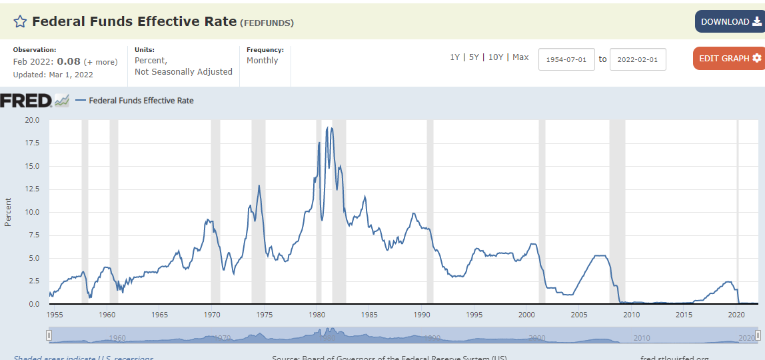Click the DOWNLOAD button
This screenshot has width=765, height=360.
coord(730,21)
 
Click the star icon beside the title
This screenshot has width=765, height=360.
coord(20,21)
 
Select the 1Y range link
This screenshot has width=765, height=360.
coord(454,57)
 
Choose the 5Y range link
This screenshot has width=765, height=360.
coord(474,57)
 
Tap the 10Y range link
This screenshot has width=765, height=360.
coord(496,57)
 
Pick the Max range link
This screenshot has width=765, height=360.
coord(520,57)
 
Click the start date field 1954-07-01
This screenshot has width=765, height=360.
coord(566,59)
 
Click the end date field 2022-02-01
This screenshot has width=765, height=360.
coord(638,59)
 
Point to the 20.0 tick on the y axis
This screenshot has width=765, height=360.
coord(32,120)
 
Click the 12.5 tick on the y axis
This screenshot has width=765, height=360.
coord(32,189)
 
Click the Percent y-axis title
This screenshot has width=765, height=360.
coord(8,212)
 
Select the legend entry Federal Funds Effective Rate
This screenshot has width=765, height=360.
coord(141,101)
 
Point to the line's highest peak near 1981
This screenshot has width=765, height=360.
coord(327,128)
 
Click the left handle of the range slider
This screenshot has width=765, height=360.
coord(49,335)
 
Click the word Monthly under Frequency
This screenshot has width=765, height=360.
coord(263,61)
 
